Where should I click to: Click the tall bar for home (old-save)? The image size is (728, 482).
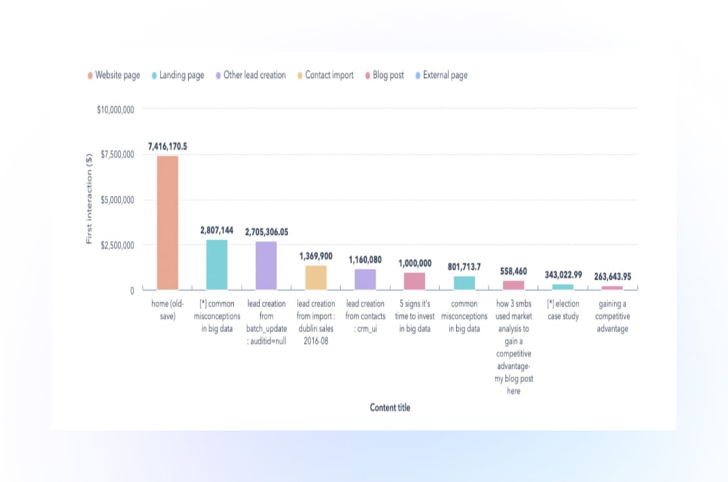[x=168, y=222]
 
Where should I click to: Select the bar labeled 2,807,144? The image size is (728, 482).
[x=216, y=264]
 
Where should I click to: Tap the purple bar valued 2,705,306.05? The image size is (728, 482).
[x=266, y=265]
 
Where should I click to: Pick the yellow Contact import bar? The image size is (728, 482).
[x=316, y=277]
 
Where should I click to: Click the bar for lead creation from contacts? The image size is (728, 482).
[x=365, y=279]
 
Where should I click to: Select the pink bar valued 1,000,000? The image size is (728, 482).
[x=414, y=281]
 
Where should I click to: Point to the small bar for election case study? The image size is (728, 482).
[x=562, y=287]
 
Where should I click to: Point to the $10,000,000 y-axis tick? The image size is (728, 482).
[x=115, y=110]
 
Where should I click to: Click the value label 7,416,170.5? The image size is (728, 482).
[x=168, y=147]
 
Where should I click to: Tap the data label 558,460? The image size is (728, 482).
[x=513, y=271]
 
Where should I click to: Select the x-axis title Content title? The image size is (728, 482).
[x=390, y=407]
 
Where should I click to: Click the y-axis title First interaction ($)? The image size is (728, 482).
[x=90, y=198]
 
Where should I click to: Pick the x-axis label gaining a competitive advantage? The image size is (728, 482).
[x=612, y=316]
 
